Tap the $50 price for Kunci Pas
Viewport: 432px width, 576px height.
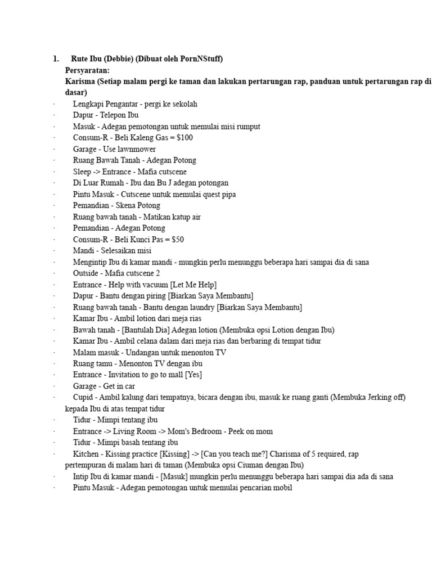point(175,240)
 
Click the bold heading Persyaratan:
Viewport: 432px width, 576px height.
point(87,70)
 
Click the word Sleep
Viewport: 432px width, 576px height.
point(82,172)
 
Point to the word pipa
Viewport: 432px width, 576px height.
point(228,195)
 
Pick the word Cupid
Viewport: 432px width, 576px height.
point(83,397)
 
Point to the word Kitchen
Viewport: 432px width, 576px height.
point(85,453)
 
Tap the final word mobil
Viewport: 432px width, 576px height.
point(283,488)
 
